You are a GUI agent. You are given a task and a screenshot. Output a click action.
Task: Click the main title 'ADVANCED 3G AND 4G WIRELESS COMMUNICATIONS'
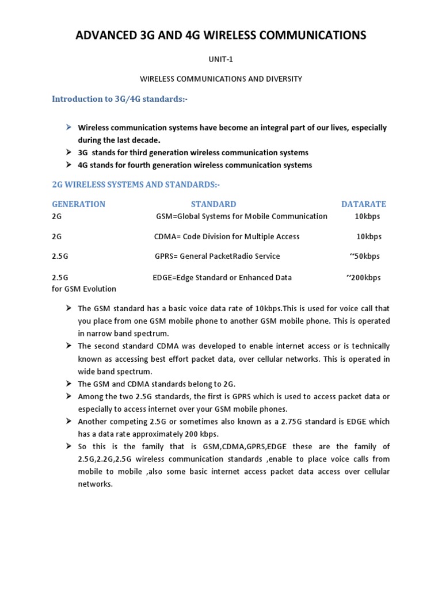point(221,36)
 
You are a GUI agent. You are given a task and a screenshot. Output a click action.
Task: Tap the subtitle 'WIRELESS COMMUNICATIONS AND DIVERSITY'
point(221,79)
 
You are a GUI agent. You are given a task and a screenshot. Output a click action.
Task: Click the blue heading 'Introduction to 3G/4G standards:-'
point(120,99)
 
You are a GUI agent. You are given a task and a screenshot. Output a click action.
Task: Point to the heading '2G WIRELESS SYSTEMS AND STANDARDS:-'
point(136,185)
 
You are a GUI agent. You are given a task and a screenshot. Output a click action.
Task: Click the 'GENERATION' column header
point(79,204)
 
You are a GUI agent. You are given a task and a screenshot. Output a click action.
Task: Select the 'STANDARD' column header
point(214,204)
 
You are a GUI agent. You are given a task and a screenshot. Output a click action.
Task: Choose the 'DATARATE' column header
point(364,204)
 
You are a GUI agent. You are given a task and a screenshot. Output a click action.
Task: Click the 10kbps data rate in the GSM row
point(367,216)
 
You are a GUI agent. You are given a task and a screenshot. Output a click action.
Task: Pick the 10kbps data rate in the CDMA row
point(369,236)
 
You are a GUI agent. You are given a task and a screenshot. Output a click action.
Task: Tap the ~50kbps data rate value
point(364,256)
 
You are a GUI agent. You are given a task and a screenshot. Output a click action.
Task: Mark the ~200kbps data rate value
point(363,277)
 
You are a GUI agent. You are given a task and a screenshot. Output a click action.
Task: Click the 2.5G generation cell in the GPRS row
point(60,256)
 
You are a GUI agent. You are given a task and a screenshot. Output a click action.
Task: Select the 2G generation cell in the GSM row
point(56,216)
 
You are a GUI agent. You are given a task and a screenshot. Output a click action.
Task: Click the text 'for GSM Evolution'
point(84,289)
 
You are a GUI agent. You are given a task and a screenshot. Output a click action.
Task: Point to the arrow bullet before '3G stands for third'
point(68,152)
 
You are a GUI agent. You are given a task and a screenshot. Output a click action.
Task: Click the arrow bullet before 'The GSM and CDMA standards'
point(68,384)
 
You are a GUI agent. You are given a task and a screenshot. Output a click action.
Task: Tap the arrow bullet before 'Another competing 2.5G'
point(68,422)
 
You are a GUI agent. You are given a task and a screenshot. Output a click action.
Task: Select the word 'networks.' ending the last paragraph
point(96,484)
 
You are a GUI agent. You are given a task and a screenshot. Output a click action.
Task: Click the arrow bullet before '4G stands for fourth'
point(68,165)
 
